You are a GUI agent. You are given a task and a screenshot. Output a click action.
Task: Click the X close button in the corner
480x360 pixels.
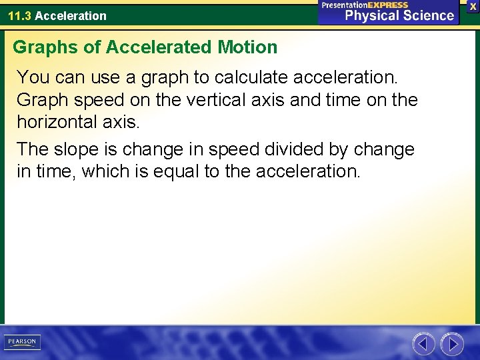[x=473, y=5]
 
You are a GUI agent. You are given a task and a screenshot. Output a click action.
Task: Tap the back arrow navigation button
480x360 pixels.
[x=423, y=344]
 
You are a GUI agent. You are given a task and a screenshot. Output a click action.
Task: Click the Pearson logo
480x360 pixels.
[x=22, y=343]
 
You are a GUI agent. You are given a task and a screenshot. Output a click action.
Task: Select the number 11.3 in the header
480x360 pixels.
[x=19, y=15]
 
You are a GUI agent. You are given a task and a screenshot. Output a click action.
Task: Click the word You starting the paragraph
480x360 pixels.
[x=33, y=77]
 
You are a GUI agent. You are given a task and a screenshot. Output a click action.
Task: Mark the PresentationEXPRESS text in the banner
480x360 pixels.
[x=365, y=5]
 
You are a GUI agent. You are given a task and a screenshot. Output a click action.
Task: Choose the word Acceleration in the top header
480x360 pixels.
[x=71, y=15]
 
